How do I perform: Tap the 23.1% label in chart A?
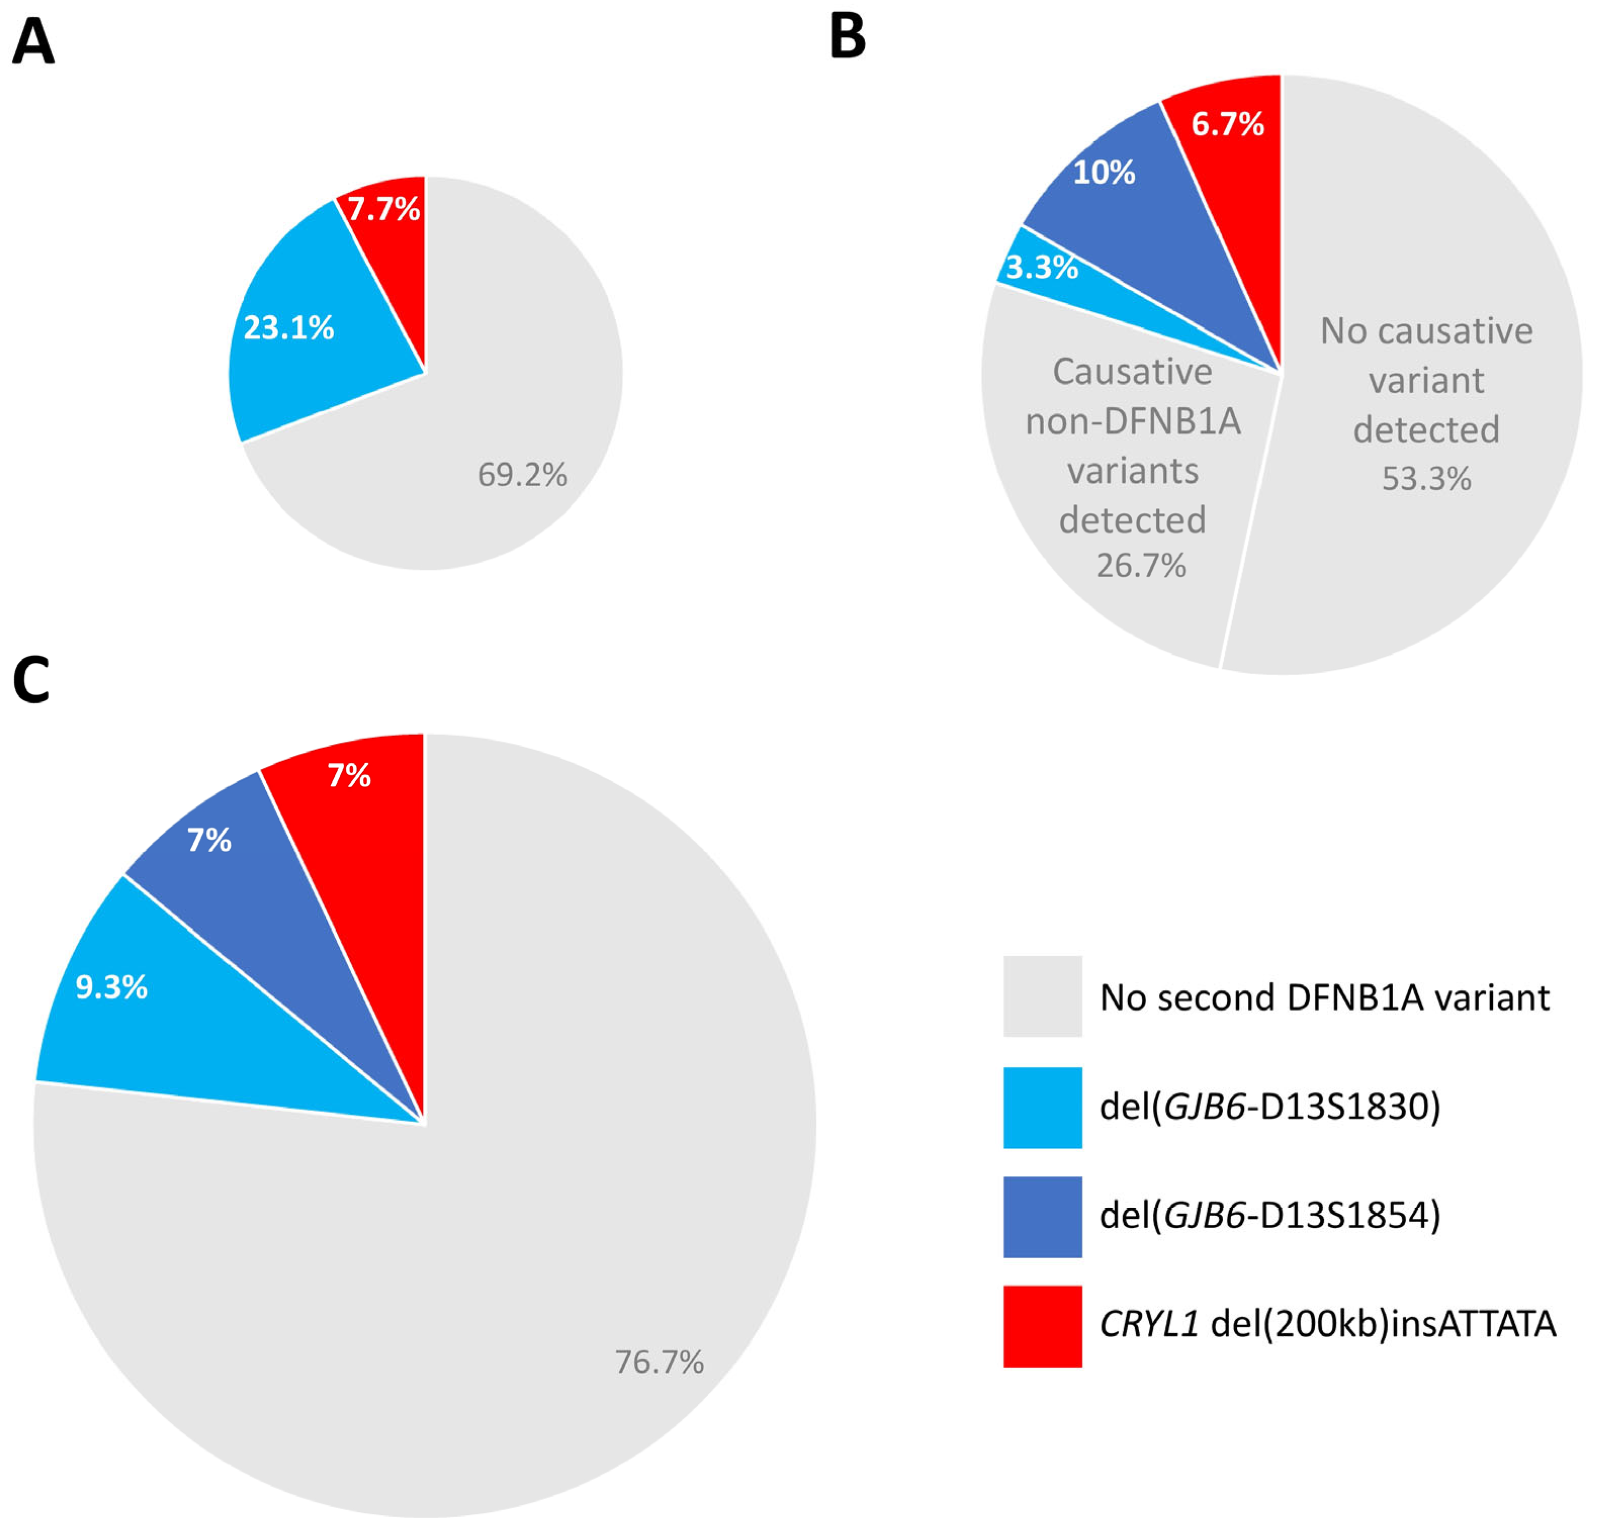288,328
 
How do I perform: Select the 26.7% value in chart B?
1140,566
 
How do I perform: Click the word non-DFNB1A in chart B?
1133,422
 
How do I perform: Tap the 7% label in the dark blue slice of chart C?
209,840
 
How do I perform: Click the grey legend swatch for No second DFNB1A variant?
1042,997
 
